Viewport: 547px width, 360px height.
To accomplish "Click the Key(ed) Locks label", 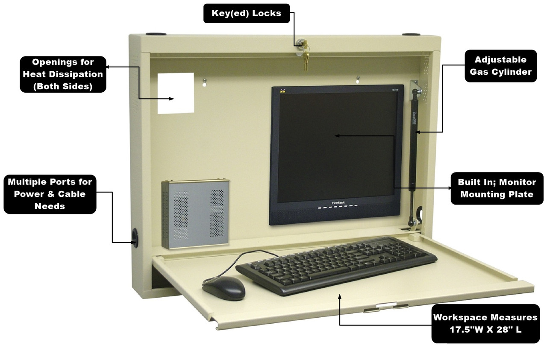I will point(247,14).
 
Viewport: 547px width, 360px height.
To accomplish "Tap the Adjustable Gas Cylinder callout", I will point(500,66).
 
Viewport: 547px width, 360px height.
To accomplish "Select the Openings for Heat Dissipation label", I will point(62,74).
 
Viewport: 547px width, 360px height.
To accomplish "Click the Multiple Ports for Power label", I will point(50,194).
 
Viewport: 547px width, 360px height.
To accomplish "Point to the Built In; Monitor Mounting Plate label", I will point(497,188).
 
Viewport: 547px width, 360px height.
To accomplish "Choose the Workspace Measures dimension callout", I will point(485,323).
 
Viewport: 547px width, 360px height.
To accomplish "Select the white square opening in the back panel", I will point(176,93).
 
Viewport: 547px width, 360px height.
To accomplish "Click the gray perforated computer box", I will point(196,214).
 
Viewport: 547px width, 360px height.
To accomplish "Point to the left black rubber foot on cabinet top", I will point(154,33).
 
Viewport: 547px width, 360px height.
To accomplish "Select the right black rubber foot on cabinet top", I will point(410,34).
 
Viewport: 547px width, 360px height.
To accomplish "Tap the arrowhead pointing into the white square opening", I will point(172,99).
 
